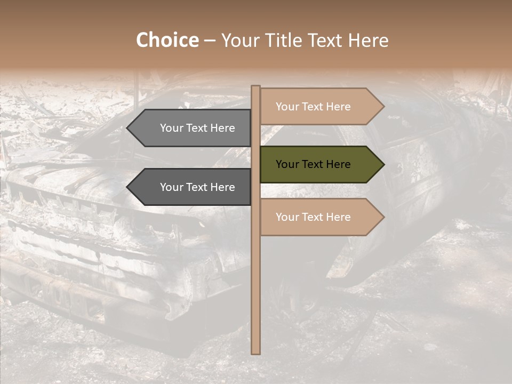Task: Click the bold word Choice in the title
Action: tap(167, 40)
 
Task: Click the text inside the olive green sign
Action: tap(313, 164)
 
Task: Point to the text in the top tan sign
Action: tap(313, 107)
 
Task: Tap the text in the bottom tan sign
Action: tap(313, 217)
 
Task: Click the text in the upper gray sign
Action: tap(197, 128)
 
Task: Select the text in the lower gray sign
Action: tap(197, 187)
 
